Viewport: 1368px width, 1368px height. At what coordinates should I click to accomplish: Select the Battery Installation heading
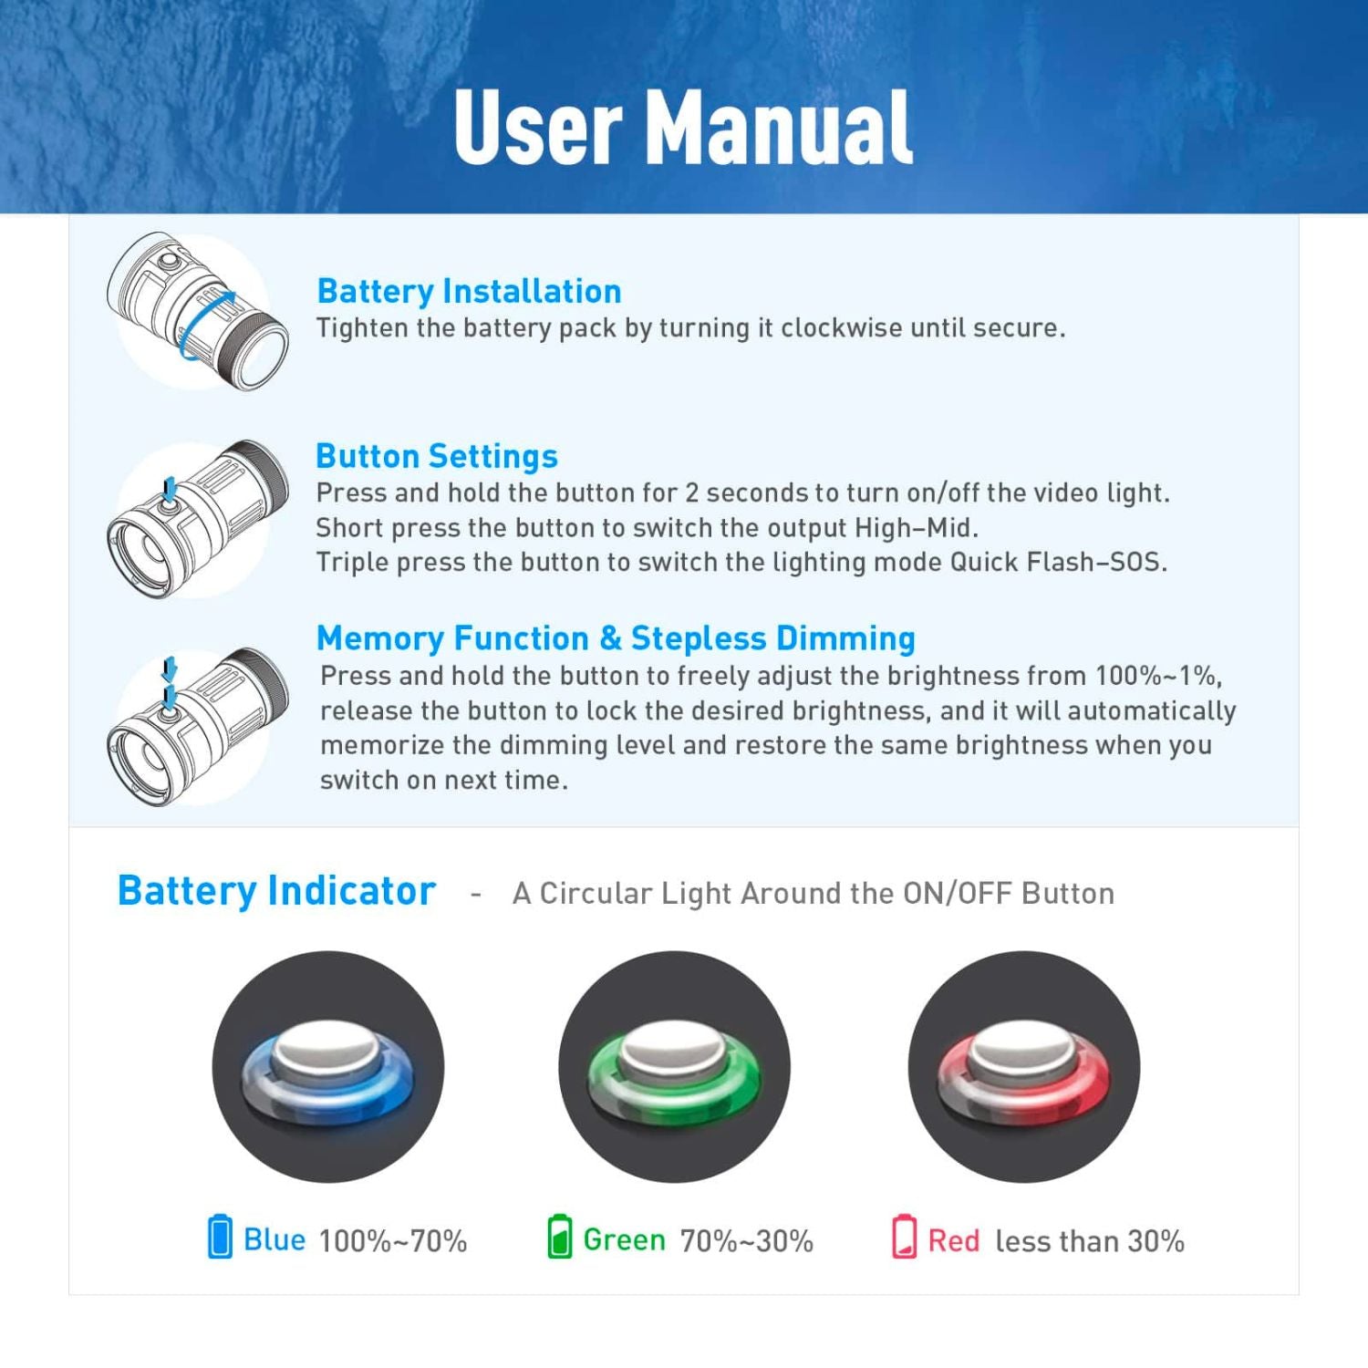pos(469,291)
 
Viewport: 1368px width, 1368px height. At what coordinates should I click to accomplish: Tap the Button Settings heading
pos(437,456)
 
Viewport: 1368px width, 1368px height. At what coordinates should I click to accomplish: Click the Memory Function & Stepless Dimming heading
pos(616,638)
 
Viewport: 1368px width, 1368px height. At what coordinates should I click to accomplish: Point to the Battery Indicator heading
pos(276,891)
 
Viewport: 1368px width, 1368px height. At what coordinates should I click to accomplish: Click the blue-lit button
pos(327,1067)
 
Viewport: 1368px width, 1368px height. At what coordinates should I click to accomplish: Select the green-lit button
pos(674,1067)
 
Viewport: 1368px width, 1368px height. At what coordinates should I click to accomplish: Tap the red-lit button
pos(1023,1067)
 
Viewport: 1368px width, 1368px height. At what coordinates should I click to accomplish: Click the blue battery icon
pos(220,1236)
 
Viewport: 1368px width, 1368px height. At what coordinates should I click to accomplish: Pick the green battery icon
pos(560,1236)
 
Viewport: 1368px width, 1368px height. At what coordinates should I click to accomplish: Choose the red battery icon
pos(904,1236)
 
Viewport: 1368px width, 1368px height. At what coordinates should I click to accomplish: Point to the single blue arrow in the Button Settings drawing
pos(169,489)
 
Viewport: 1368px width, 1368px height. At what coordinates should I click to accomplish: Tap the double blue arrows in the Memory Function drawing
pos(169,684)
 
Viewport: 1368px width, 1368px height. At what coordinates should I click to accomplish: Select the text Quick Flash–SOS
pos(1058,562)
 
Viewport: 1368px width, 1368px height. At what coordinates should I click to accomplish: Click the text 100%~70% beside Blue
pos(393,1240)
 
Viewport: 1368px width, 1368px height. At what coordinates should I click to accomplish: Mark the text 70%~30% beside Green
pos(747,1240)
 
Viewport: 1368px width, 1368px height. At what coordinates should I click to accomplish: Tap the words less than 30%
pos(1090,1240)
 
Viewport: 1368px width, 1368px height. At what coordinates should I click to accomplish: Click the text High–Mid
pos(916,528)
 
